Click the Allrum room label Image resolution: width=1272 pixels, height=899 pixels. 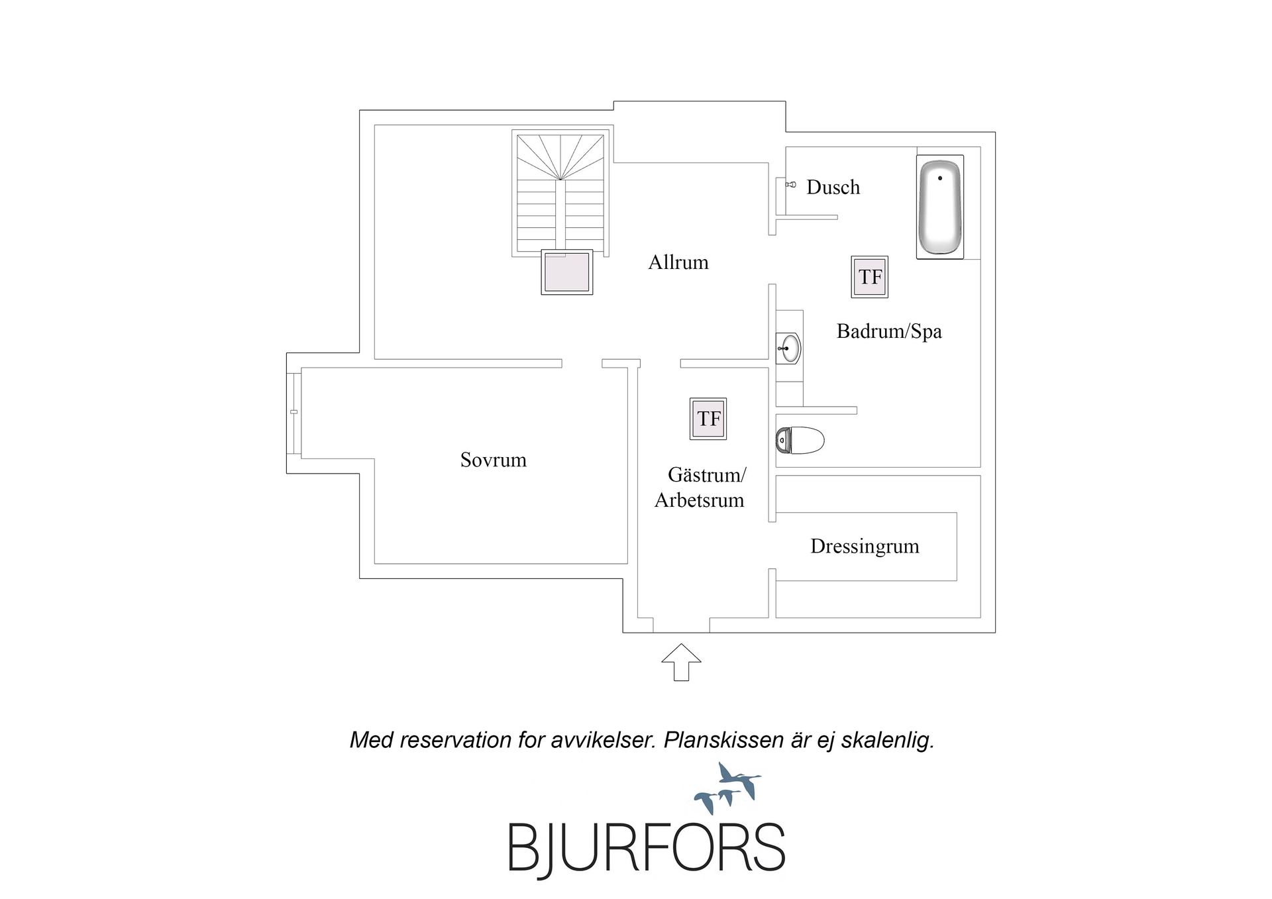point(678,262)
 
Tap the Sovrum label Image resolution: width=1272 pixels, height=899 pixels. point(494,460)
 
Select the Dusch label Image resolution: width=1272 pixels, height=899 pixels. point(833,187)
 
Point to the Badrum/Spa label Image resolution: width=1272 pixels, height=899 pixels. point(889,331)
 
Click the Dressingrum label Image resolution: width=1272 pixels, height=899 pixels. point(865,547)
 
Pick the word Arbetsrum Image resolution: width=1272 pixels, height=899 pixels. point(700,500)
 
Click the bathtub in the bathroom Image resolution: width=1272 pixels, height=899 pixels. point(940,207)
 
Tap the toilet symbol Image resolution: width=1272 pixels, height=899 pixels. point(800,440)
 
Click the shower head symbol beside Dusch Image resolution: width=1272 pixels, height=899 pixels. point(791,185)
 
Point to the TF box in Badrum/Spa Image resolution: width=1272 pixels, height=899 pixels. point(870,277)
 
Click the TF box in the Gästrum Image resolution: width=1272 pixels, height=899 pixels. point(708,419)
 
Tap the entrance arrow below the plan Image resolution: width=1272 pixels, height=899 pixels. point(681,662)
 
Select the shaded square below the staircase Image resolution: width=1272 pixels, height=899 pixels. point(566,272)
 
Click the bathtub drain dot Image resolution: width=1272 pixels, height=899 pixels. point(940,178)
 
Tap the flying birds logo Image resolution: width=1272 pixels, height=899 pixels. point(728,788)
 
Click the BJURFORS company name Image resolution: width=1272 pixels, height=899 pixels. point(647,848)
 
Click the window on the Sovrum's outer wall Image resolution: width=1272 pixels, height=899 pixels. point(294,413)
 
